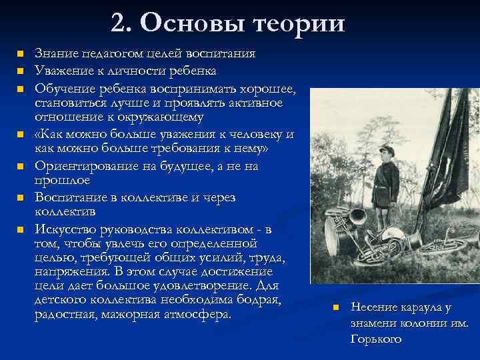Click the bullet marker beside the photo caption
pyautogui.click(x=337, y=307)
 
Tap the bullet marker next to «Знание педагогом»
pyautogui.click(x=21, y=53)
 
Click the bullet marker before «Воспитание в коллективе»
pyautogui.click(x=21, y=197)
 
